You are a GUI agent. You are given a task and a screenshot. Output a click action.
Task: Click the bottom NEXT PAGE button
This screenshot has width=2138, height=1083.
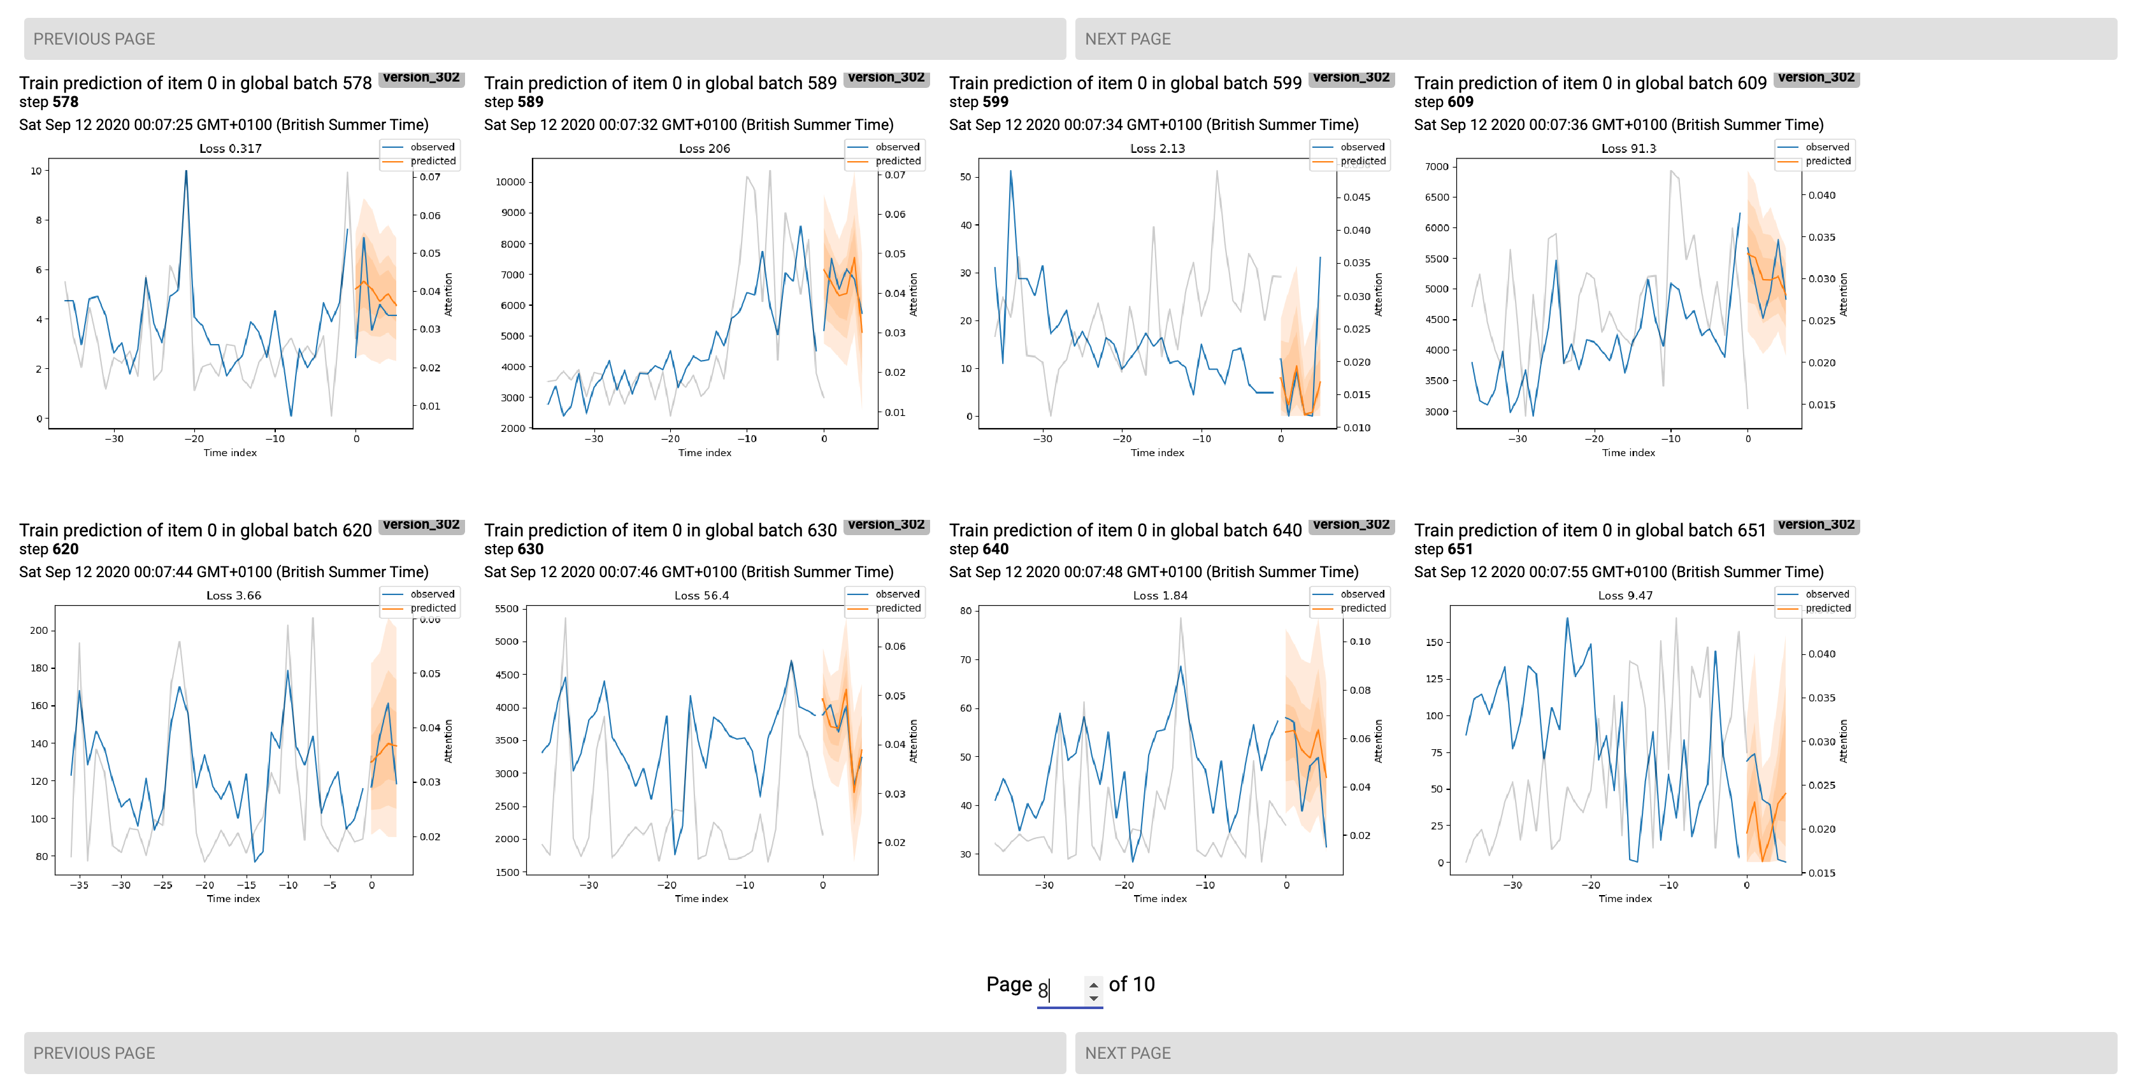point(1595,1052)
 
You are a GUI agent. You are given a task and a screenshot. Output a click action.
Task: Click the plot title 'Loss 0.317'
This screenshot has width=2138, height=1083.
point(230,148)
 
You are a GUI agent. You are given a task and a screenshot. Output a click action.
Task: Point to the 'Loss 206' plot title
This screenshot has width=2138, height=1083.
point(704,148)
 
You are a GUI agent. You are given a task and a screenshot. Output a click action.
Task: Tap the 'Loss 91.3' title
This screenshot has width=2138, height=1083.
point(1628,148)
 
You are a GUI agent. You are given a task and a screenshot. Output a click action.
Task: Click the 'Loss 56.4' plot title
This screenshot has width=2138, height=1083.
point(701,595)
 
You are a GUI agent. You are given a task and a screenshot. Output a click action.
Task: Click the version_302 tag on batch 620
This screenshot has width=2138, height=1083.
point(421,524)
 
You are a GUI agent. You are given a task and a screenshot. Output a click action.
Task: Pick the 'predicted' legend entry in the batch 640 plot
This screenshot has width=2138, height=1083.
point(1362,608)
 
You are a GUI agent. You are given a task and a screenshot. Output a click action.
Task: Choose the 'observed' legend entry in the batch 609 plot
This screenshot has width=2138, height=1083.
point(1826,147)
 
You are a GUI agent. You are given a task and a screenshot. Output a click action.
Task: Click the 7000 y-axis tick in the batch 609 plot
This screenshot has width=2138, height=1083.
point(1436,166)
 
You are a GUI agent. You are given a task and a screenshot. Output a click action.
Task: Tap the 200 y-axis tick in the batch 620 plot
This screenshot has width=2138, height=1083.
point(38,630)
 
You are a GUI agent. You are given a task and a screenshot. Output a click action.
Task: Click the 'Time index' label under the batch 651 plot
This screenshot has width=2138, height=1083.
point(1625,898)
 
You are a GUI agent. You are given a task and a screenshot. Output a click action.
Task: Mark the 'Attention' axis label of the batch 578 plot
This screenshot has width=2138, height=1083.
point(448,294)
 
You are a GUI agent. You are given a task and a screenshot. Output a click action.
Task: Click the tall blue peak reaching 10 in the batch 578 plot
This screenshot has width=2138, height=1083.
point(186,172)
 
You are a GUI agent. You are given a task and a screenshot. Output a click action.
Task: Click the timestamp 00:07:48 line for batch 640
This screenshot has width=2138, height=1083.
point(1153,572)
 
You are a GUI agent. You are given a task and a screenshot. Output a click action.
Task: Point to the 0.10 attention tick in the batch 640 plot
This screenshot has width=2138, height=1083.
point(1360,642)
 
